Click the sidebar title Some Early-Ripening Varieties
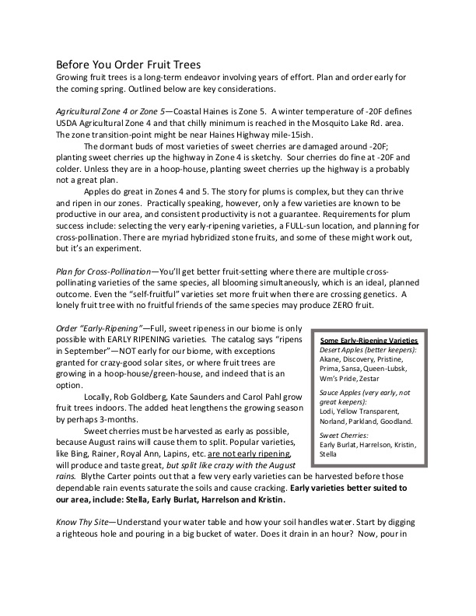coord(369,341)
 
